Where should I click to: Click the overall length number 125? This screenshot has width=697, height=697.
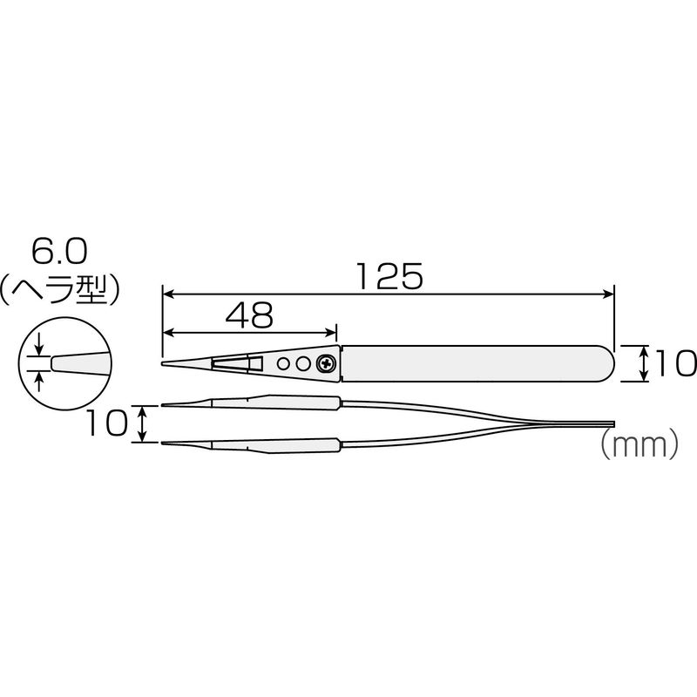point(389,276)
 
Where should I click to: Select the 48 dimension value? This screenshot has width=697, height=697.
point(249,315)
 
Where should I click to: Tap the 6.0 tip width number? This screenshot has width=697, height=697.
point(59,252)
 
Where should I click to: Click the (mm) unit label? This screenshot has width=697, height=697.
point(639,444)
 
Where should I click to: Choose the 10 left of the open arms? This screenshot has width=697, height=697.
point(105,423)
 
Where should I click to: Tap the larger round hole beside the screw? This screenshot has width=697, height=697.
point(302,364)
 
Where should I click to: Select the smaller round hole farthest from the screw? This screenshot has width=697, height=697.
point(281,364)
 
